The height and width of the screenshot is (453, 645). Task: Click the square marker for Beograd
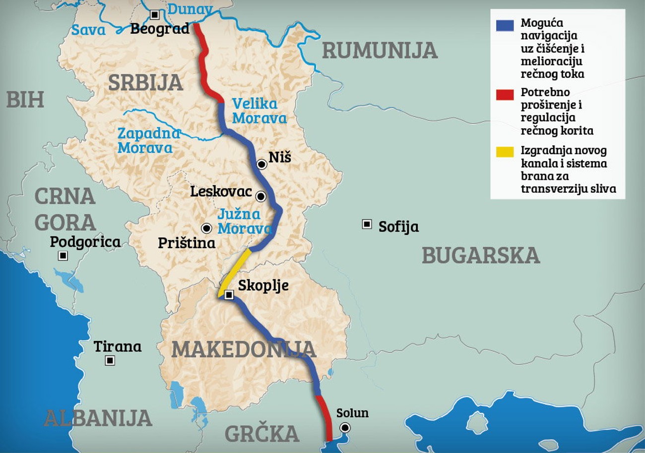[156, 15]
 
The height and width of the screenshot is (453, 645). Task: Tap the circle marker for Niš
[261, 164]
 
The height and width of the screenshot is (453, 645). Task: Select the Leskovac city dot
[260, 196]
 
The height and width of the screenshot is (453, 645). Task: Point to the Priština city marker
[206, 228]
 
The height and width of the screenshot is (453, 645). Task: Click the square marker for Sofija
[367, 225]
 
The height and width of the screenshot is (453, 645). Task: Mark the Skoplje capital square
[229, 295]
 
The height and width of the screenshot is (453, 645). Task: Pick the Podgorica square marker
[63, 256]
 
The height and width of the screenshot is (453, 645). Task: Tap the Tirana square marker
[110, 361]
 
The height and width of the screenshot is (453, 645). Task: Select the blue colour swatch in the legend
[505, 26]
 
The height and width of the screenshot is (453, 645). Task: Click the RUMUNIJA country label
[380, 51]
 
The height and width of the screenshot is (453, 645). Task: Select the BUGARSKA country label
[480, 255]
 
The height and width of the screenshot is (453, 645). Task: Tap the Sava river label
[88, 30]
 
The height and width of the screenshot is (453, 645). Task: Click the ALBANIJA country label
[97, 418]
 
